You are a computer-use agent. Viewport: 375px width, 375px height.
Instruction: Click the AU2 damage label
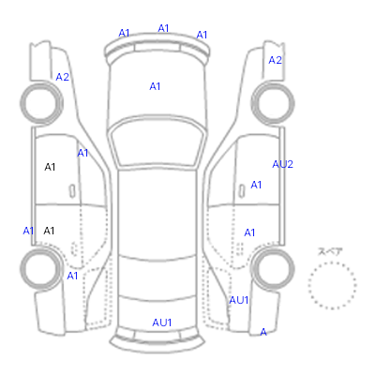282,164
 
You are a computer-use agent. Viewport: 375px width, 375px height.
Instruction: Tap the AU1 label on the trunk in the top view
162,322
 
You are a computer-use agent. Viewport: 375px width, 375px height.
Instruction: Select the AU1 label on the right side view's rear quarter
239,300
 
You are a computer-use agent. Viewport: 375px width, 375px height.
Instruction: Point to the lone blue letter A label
263,332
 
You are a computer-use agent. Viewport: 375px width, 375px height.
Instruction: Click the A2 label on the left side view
62,77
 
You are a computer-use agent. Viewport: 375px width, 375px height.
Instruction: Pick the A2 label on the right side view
275,60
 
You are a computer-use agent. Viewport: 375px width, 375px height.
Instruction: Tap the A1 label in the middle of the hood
155,86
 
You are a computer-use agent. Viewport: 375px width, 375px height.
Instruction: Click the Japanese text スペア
330,251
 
